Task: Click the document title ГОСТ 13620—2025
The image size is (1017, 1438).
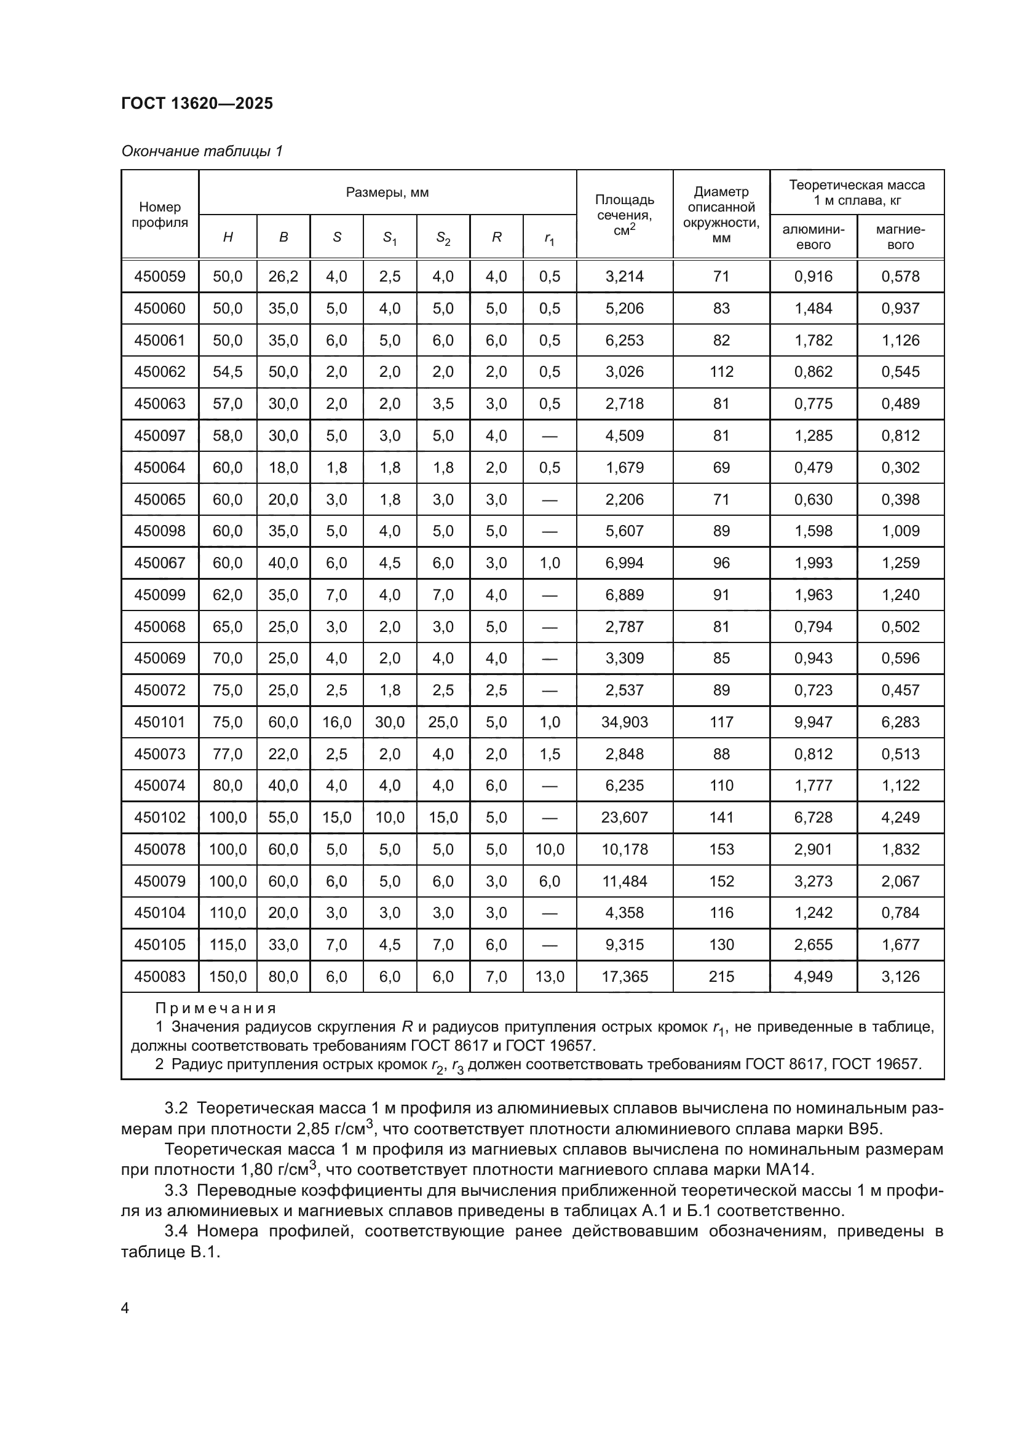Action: [197, 103]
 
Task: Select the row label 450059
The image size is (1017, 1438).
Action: [160, 276]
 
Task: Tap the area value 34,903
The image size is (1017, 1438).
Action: [624, 722]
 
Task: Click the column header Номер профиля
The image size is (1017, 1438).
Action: [160, 214]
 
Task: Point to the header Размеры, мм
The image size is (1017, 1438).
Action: [387, 192]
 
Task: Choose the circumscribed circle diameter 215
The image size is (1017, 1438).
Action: [721, 976]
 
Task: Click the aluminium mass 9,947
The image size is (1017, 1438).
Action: [813, 722]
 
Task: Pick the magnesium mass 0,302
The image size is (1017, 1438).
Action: [900, 467]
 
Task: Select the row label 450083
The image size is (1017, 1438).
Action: [160, 976]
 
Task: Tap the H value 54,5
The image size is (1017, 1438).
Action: [228, 371]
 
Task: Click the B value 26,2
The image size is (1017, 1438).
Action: [283, 276]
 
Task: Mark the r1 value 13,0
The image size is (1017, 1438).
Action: [549, 976]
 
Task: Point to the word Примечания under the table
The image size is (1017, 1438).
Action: [215, 1008]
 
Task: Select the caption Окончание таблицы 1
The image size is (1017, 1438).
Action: [202, 151]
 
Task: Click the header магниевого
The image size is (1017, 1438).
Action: [900, 237]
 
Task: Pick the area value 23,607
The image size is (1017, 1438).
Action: [624, 817]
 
